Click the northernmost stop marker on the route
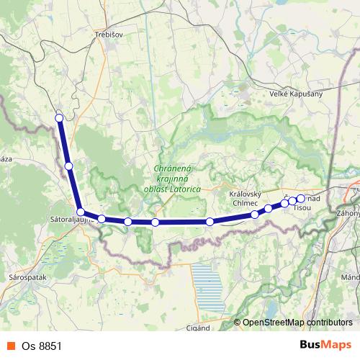59,117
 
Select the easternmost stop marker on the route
301,199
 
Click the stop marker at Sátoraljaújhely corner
81,212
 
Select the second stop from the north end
68,166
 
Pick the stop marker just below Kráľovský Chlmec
255,215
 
